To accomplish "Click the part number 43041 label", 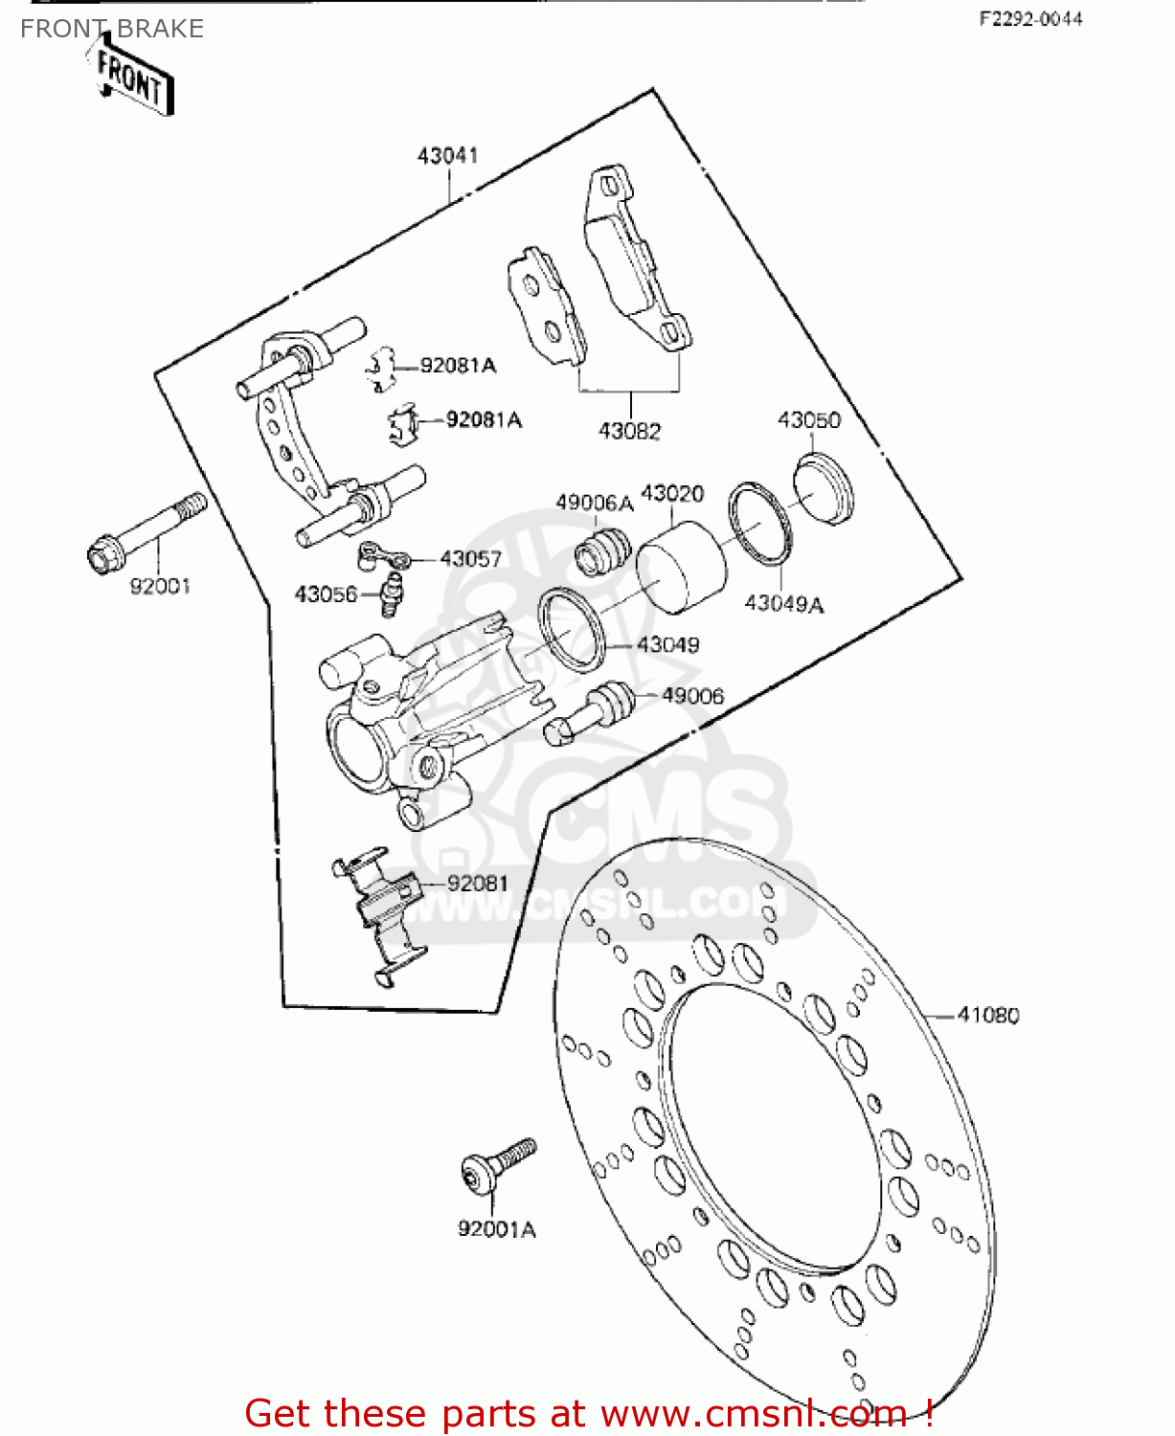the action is (447, 156).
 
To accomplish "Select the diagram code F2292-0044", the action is (1030, 19).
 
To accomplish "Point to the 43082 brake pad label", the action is (629, 431).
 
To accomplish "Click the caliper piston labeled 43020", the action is (682, 567).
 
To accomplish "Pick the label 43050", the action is (809, 420).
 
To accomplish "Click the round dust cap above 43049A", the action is (824, 487).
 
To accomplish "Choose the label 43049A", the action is (784, 603).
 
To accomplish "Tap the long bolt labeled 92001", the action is (147, 533).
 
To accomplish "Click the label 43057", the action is (471, 559).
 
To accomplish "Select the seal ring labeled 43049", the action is (572, 630).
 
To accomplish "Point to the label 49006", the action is (692, 696).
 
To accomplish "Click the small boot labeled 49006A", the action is (602, 550).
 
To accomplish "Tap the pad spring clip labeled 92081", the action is (379, 916).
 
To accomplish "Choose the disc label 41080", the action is (988, 1016).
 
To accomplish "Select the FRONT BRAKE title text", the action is (112, 29).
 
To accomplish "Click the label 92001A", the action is (497, 1229).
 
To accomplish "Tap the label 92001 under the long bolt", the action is (160, 586).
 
